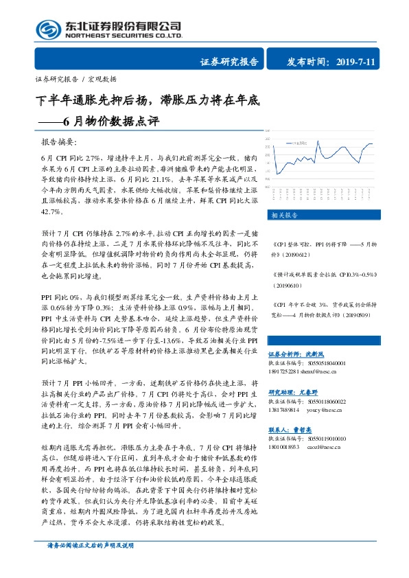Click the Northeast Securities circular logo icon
(48, 30)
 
